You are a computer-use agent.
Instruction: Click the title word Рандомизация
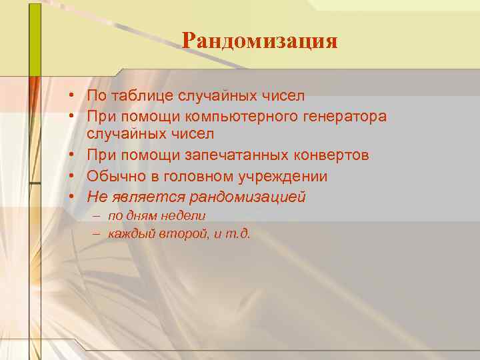pyautogui.click(x=260, y=41)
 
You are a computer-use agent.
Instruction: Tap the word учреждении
pyautogui.click(x=280, y=177)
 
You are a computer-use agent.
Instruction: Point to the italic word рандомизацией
pyautogui.click(x=247, y=197)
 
